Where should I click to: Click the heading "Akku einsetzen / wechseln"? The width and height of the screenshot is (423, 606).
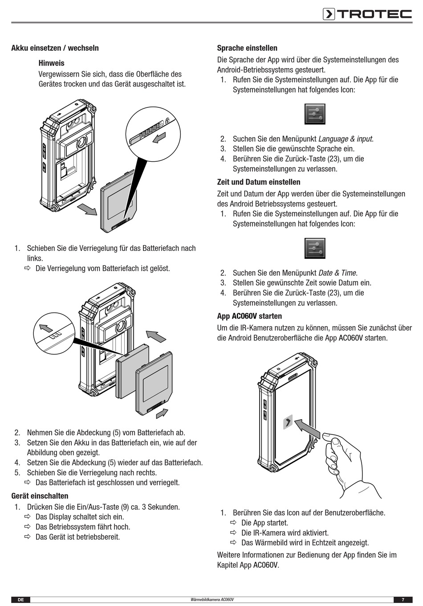55,48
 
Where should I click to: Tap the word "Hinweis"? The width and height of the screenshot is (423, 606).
51,63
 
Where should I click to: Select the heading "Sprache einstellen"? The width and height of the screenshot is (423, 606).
247,48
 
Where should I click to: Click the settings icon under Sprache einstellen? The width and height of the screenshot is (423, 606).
315,114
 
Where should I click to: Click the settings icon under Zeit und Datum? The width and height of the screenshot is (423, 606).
315,248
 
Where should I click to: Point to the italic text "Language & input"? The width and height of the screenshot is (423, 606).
346,139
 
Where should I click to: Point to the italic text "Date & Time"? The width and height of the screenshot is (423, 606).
338,273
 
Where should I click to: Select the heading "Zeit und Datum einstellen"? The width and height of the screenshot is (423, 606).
258,182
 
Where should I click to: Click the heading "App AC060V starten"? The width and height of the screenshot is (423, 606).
249,316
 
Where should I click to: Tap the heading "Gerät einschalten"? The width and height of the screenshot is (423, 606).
40,496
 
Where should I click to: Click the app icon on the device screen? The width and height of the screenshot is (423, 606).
288,422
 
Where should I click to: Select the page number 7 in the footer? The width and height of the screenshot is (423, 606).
403,600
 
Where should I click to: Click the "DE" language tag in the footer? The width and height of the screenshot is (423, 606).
20,600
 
